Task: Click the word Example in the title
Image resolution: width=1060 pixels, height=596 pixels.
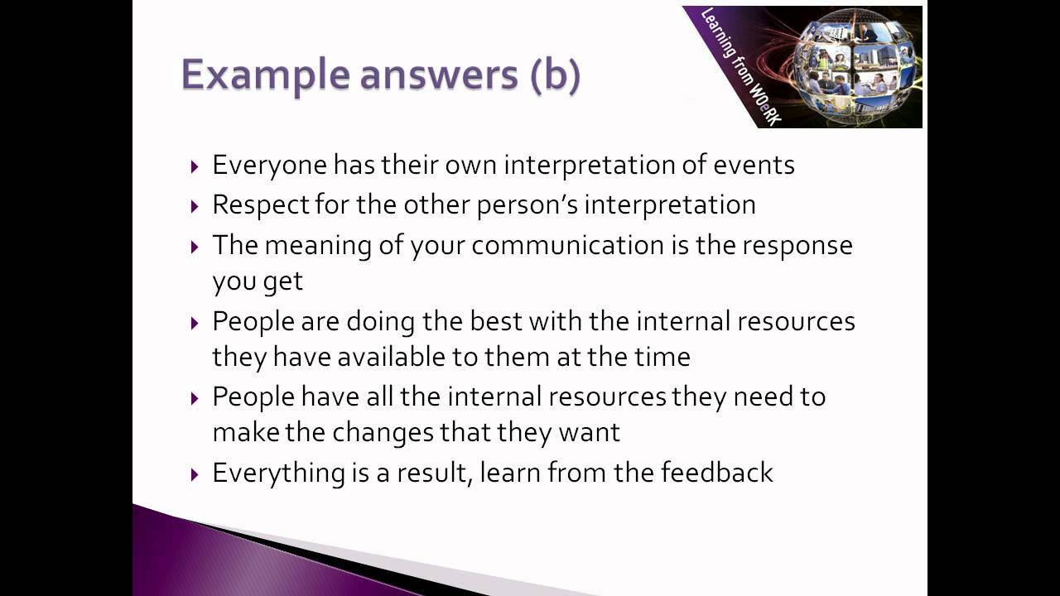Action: [x=265, y=76]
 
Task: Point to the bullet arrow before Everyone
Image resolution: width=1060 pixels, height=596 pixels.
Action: [x=195, y=166]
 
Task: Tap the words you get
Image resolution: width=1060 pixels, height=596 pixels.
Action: [x=258, y=281]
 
